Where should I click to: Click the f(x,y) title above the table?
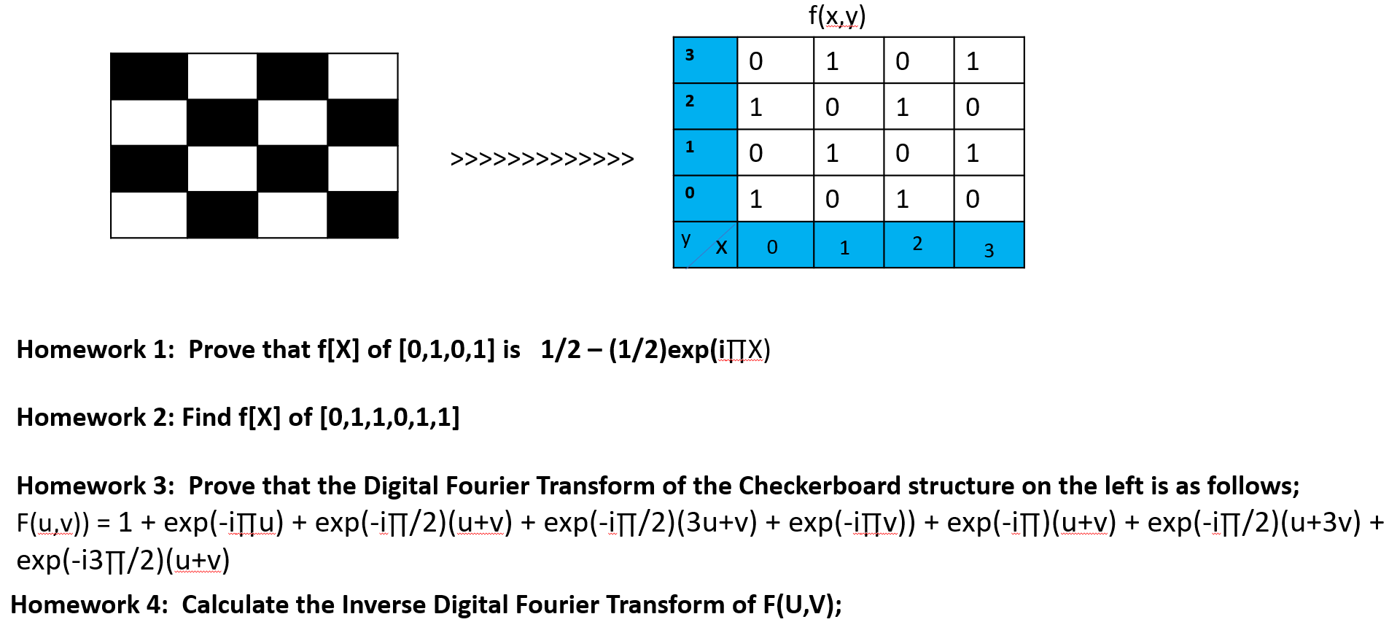837,16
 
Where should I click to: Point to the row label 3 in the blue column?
690,55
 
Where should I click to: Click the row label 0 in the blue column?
690,193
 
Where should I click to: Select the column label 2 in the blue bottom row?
917,244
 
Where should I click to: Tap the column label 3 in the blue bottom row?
989,251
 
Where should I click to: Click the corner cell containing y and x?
705,244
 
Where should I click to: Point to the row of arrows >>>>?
542,158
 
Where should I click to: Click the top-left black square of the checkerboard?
149,77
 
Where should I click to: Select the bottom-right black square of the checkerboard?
362,214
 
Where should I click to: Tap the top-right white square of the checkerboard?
362,77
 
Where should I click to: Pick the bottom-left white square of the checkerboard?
149,214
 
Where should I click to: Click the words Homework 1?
96,350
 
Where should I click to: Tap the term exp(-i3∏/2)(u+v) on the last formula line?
123,560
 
